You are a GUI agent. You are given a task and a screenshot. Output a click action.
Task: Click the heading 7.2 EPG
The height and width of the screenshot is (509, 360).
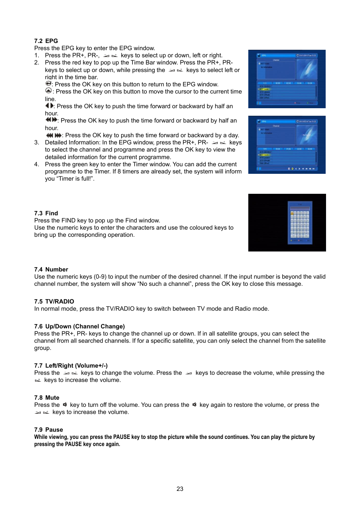point(46,41)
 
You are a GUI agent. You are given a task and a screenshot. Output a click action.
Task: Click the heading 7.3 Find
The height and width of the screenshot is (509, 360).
point(46,213)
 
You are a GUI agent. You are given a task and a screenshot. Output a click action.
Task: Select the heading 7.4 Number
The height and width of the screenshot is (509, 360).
point(51,269)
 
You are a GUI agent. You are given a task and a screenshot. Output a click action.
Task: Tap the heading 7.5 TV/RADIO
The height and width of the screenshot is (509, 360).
point(54,301)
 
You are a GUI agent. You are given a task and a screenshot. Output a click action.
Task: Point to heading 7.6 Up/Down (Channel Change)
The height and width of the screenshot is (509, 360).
point(79,326)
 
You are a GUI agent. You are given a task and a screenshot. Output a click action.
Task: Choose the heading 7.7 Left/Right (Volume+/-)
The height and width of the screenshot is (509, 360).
point(71,365)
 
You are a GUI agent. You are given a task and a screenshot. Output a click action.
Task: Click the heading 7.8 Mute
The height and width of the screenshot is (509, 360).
point(46,397)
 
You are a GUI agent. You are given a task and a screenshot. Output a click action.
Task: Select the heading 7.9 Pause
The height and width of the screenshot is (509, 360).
point(48,429)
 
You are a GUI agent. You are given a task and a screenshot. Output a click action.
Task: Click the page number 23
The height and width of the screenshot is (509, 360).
point(180,489)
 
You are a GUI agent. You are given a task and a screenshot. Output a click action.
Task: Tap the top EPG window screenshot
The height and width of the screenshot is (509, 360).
point(287,79)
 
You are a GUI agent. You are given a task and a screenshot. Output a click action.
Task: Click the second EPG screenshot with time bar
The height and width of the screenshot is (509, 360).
point(287,144)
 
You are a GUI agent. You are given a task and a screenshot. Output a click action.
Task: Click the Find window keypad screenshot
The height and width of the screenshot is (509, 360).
point(287,222)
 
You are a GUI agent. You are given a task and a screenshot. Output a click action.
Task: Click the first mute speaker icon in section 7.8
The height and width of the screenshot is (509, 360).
point(65,405)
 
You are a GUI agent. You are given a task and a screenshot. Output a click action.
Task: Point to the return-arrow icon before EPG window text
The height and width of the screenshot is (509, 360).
point(48,84)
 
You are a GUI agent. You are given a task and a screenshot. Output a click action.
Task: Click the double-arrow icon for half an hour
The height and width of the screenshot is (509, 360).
point(51,120)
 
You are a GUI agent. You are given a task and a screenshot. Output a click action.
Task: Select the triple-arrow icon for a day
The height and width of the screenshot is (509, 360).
point(54,135)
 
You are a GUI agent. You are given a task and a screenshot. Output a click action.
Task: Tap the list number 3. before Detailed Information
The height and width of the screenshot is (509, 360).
point(37,143)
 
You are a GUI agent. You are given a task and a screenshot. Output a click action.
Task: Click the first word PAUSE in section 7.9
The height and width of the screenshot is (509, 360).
point(122,437)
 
